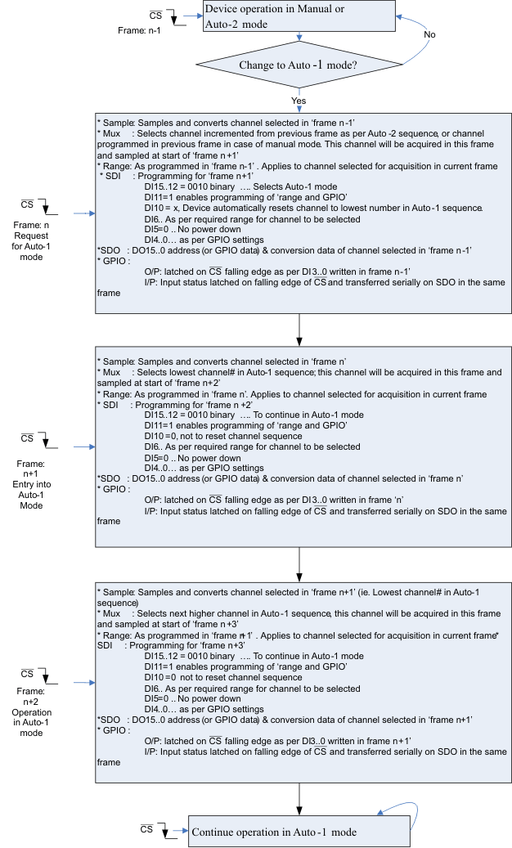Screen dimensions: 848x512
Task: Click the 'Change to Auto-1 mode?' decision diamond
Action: [302, 65]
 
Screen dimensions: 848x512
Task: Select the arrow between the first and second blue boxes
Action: [301, 330]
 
